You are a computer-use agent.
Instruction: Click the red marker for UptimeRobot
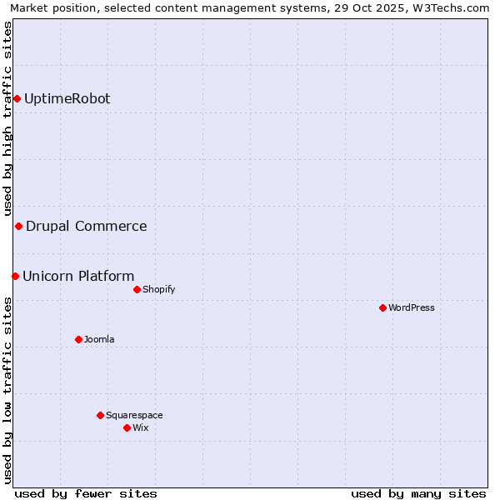click(17, 99)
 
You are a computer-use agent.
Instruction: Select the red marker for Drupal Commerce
click(18, 227)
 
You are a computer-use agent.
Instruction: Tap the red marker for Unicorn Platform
click(15, 277)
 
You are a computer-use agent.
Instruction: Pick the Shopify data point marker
click(137, 290)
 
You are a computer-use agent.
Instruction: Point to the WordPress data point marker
click(382, 308)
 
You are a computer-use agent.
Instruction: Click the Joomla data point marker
click(78, 340)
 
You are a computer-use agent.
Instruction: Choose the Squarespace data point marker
click(100, 416)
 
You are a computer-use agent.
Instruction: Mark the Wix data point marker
click(127, 428)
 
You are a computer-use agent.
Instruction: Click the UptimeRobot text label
click(67, 99)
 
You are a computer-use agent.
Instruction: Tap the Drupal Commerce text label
click(86, 227)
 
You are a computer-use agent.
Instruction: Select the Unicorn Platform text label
click(78, 277)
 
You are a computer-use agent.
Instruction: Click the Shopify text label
click(158, 290)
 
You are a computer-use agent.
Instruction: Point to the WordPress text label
click(412, 308)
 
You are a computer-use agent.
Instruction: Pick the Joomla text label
click(99, 340)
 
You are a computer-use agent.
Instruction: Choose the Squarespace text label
click(134, 416)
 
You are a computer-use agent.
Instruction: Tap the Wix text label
click(140, 428)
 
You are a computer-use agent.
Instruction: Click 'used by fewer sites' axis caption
click(86, 493)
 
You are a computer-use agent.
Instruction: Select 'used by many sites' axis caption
click(418, 493)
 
